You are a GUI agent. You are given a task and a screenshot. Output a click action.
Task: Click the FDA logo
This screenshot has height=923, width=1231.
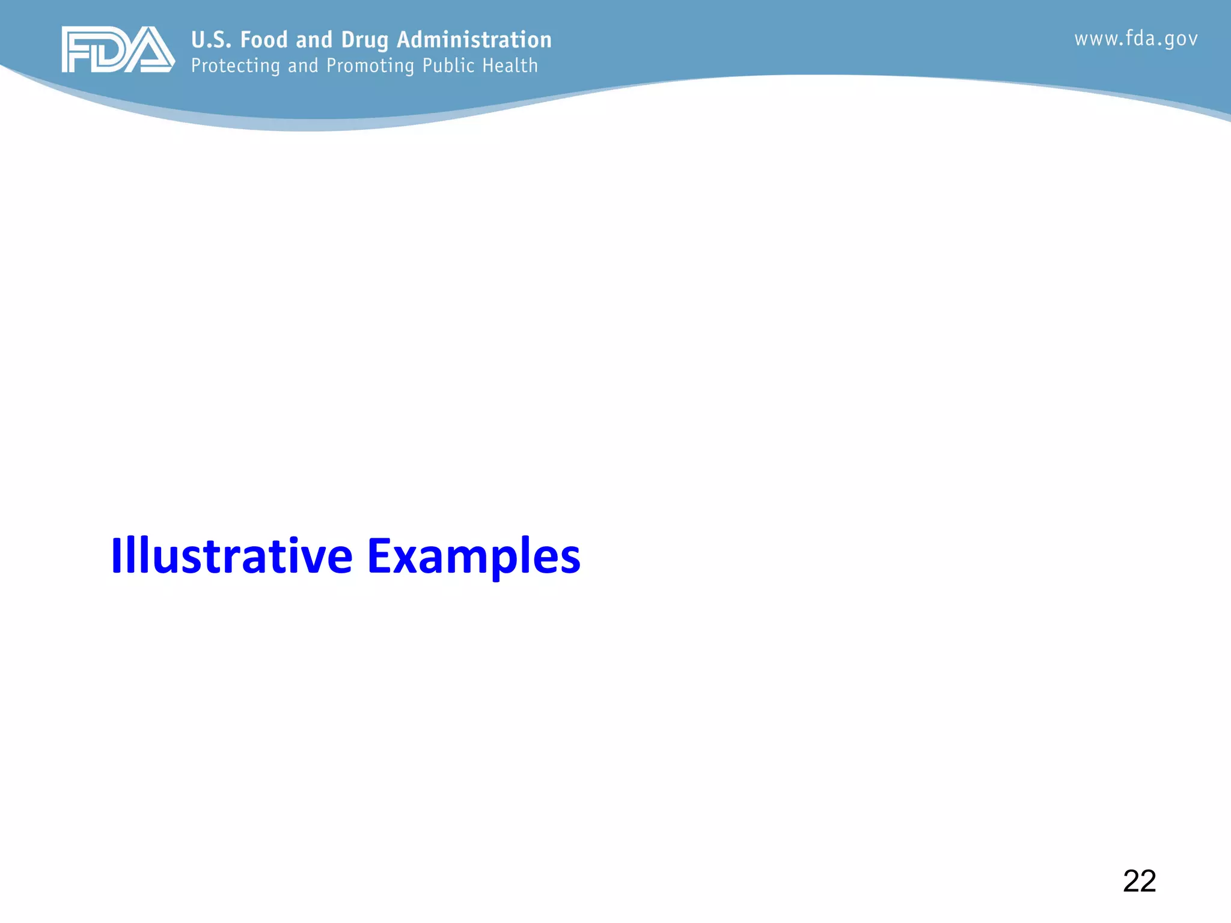(118, 49)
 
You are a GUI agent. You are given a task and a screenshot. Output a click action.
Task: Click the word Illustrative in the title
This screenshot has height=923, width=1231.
(231, 556)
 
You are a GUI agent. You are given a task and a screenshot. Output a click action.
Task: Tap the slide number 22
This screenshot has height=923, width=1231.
(1139, 882)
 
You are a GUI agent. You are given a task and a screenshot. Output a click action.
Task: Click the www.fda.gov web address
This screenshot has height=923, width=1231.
(1136, 39)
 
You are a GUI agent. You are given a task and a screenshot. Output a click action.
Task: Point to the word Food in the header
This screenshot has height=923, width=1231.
(264, 40)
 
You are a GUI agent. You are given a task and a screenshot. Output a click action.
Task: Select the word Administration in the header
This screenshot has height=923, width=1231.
(474, 40)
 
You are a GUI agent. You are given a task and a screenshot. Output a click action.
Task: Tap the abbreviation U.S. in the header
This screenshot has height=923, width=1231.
(211, 40)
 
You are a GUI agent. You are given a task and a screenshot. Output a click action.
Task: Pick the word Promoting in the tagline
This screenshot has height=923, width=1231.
(370, 65)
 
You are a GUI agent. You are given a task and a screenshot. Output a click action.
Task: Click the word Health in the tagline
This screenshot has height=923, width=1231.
(510, 65)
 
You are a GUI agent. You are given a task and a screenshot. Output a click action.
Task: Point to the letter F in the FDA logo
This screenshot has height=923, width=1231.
(77, 50)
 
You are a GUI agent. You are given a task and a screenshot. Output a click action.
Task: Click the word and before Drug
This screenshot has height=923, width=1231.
(314, 40)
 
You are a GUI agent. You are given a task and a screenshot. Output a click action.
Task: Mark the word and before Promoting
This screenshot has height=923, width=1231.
(303, 65)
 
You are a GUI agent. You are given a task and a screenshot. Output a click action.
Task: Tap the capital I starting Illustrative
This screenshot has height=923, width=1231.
(116, 556)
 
